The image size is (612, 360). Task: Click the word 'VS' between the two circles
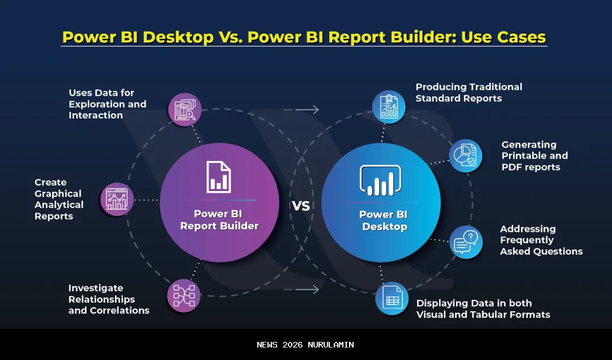(301, 206)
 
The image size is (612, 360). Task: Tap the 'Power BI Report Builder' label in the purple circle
(219, 220)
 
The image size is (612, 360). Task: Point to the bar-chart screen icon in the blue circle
(380, 181)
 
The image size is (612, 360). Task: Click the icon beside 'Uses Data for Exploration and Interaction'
(185, 109)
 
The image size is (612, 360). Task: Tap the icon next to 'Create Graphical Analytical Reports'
(117, 200)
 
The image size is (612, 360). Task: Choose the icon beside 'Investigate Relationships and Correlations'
(184, 295)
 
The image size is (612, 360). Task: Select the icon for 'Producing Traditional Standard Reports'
(389, 107)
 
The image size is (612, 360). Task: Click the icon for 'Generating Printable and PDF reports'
(466, 156)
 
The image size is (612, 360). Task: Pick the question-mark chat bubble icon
(466, 242)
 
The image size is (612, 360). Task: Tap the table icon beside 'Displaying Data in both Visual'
(392, 298)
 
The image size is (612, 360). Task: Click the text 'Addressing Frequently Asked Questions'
(541, 240)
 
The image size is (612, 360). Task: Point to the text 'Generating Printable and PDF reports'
(534, 156)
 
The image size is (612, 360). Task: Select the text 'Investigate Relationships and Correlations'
(108, 299)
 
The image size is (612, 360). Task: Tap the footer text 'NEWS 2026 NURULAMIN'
(305, 345)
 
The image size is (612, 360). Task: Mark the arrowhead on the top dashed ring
(315, 109)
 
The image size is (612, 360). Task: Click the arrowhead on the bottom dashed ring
(315, 290)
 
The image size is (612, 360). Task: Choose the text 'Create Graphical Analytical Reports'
(58, 199)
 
